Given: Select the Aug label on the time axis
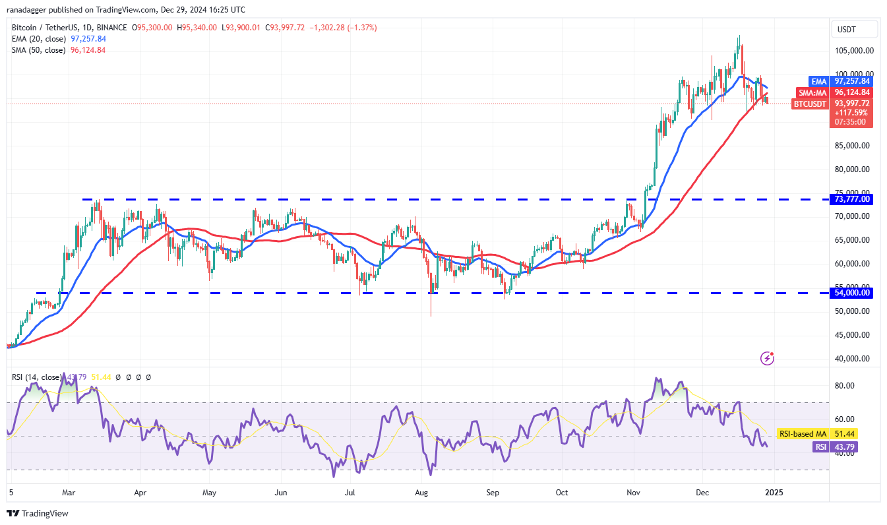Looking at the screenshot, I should (423, 492).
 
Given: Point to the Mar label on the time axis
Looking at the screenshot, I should (68, 492).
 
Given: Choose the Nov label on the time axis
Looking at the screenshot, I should (634, 492).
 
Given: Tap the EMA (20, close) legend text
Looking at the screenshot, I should (38, 39).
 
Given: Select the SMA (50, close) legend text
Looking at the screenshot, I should (38, 50).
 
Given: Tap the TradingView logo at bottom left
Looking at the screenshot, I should (38, 513).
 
